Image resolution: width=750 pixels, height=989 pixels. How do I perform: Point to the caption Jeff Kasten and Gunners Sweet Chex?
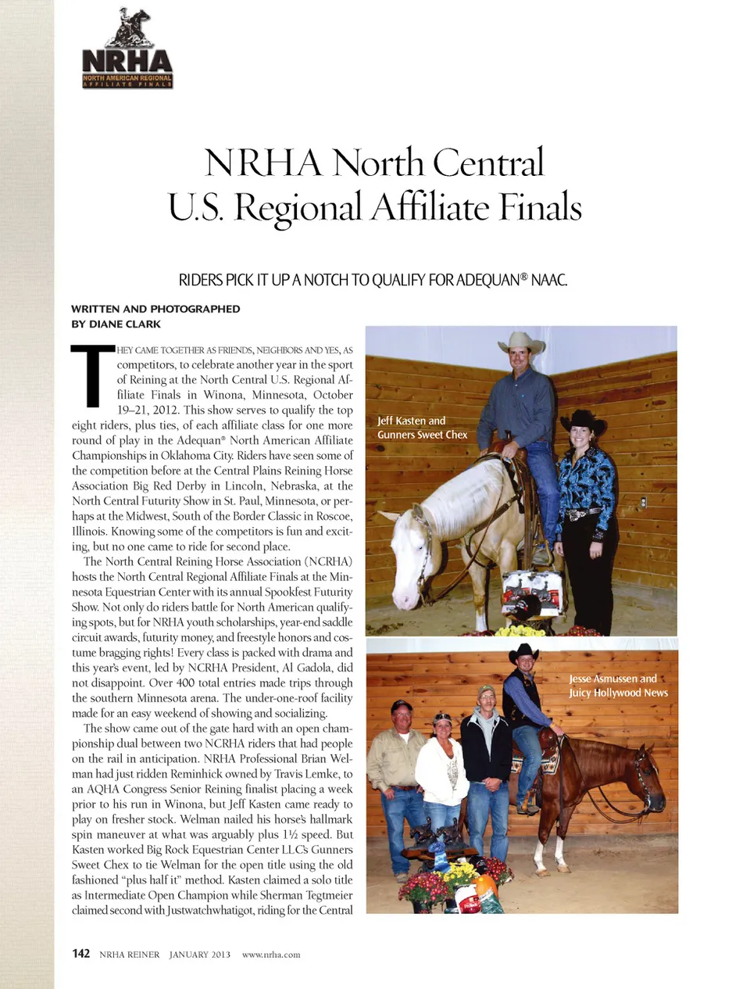(x=422, y=428)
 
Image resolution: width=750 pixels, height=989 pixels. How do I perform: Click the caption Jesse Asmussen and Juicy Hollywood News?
(x=618, y=686)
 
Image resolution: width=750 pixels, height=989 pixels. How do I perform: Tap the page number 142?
(x=80, y=954)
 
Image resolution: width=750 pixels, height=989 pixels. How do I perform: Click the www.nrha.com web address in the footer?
(x=271, y=955)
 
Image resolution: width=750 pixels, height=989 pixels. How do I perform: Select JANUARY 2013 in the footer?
(x=200, y=955)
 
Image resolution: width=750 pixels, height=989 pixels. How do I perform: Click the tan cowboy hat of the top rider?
(x=522, y=342)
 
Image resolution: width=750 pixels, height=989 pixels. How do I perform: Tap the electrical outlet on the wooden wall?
(x=643, y=501)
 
